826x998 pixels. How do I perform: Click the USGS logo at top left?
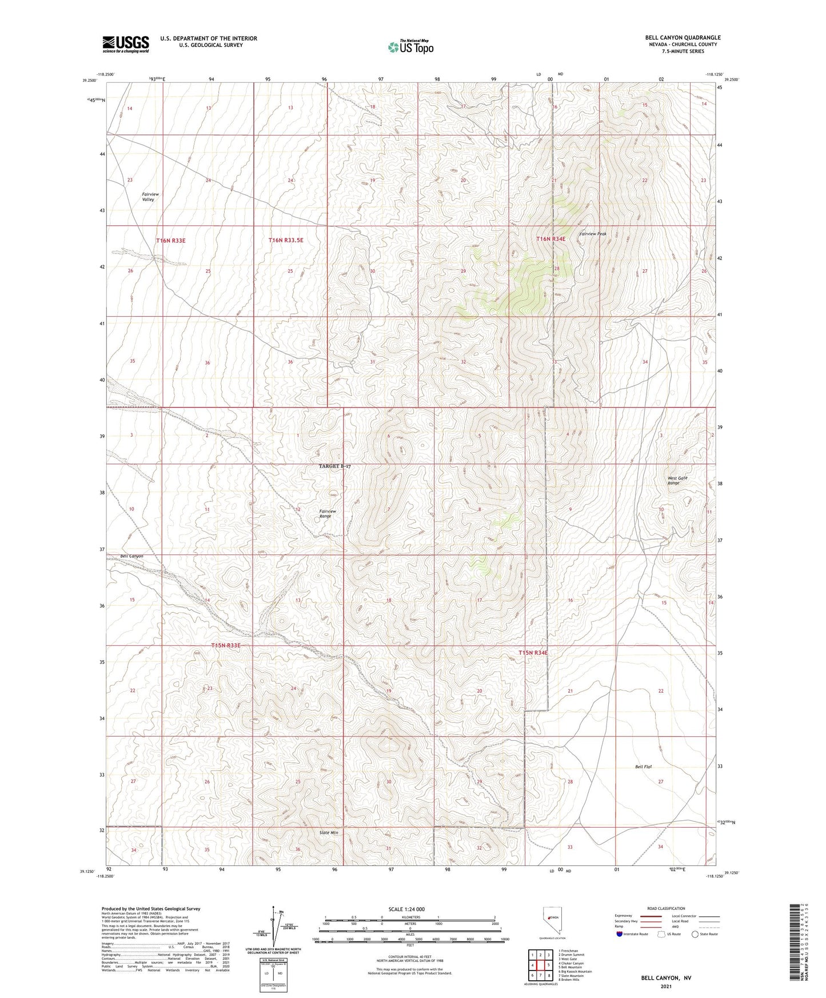[x=126, y=44]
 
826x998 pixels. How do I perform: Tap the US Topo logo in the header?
[x=410, y=47]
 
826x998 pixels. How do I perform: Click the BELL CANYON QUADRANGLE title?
[x=683, y=38]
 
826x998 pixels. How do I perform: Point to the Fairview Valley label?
[x=150, y=197]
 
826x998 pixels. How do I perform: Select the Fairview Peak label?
[x=592, y=234]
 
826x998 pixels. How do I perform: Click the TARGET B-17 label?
[x=334, y=466]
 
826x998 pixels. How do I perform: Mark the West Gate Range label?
[x=677, y=480]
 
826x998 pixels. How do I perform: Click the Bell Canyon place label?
[x=131, y=556]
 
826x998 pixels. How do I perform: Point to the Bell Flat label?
[x=643, y=767]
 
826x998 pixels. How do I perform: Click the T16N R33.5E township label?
[x=286, y=241]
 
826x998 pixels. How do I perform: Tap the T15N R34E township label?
[x=533, y=652]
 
